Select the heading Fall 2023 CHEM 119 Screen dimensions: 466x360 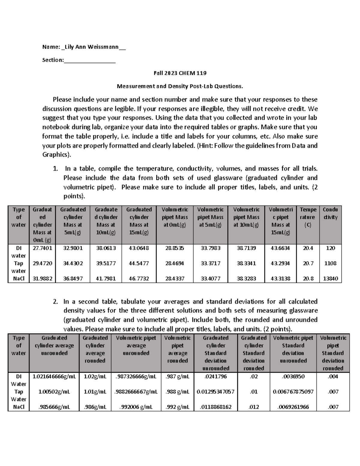click(180, 73)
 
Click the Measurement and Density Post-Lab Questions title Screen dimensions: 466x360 click(180, 86)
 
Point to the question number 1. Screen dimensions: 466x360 click(55, 169)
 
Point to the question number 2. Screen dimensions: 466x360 click(55, 302)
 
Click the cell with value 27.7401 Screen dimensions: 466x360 click(42, 248)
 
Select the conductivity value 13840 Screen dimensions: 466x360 click(330, 278)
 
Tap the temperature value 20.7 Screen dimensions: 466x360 click(308, 263)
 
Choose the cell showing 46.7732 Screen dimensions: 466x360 click(139, 278)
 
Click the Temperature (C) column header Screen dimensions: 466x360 click(308, 217)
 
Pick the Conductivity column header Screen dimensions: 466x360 click(330, 213)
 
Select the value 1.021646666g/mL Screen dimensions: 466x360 click(54, 377)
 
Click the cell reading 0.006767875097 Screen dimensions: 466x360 click(293, 392)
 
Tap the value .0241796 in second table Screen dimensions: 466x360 click(215, 377)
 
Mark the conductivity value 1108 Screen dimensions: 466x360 click(330, 263)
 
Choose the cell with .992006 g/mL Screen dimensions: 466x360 click(136, 407)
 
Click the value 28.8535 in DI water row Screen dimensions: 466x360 click(175, 248)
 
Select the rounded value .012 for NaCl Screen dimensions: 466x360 click(253, 407)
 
